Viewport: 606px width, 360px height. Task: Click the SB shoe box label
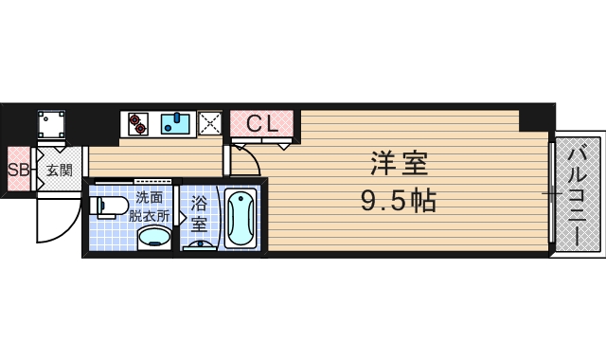click(x=18, y=171)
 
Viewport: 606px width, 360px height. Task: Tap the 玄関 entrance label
click(x=60, y=171)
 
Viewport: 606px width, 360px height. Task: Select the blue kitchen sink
click(x=175, y=124)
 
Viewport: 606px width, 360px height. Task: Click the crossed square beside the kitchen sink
click(x=210, y=123)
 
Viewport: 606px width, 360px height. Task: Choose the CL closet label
click(x=261, y=124)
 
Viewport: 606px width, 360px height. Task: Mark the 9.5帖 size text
click(x=399, y=201)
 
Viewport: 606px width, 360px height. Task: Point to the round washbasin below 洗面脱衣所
click(x=154, y=237)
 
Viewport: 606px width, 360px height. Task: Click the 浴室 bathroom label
click(x=200, y=213)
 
